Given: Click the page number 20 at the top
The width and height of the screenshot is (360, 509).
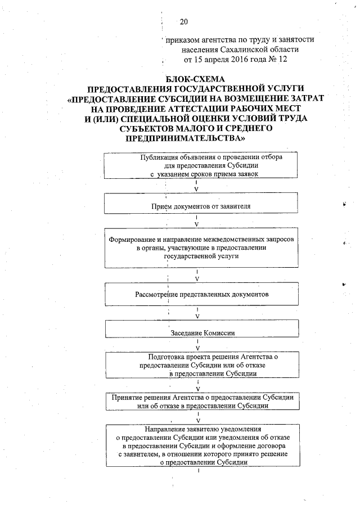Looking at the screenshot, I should pyautogui.click(x=183, y=22).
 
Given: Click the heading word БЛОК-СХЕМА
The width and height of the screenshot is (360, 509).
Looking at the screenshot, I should pyautogui.click(x=194, y=79).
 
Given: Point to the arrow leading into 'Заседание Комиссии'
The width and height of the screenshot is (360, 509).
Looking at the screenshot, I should pyautogui.click(x=197, y=314).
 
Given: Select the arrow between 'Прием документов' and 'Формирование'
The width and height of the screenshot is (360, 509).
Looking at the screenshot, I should pyautogui.click(x=197, y=221).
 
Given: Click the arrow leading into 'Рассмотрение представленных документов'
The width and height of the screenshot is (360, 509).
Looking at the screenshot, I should pyautogui.click(x=197, y=275).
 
